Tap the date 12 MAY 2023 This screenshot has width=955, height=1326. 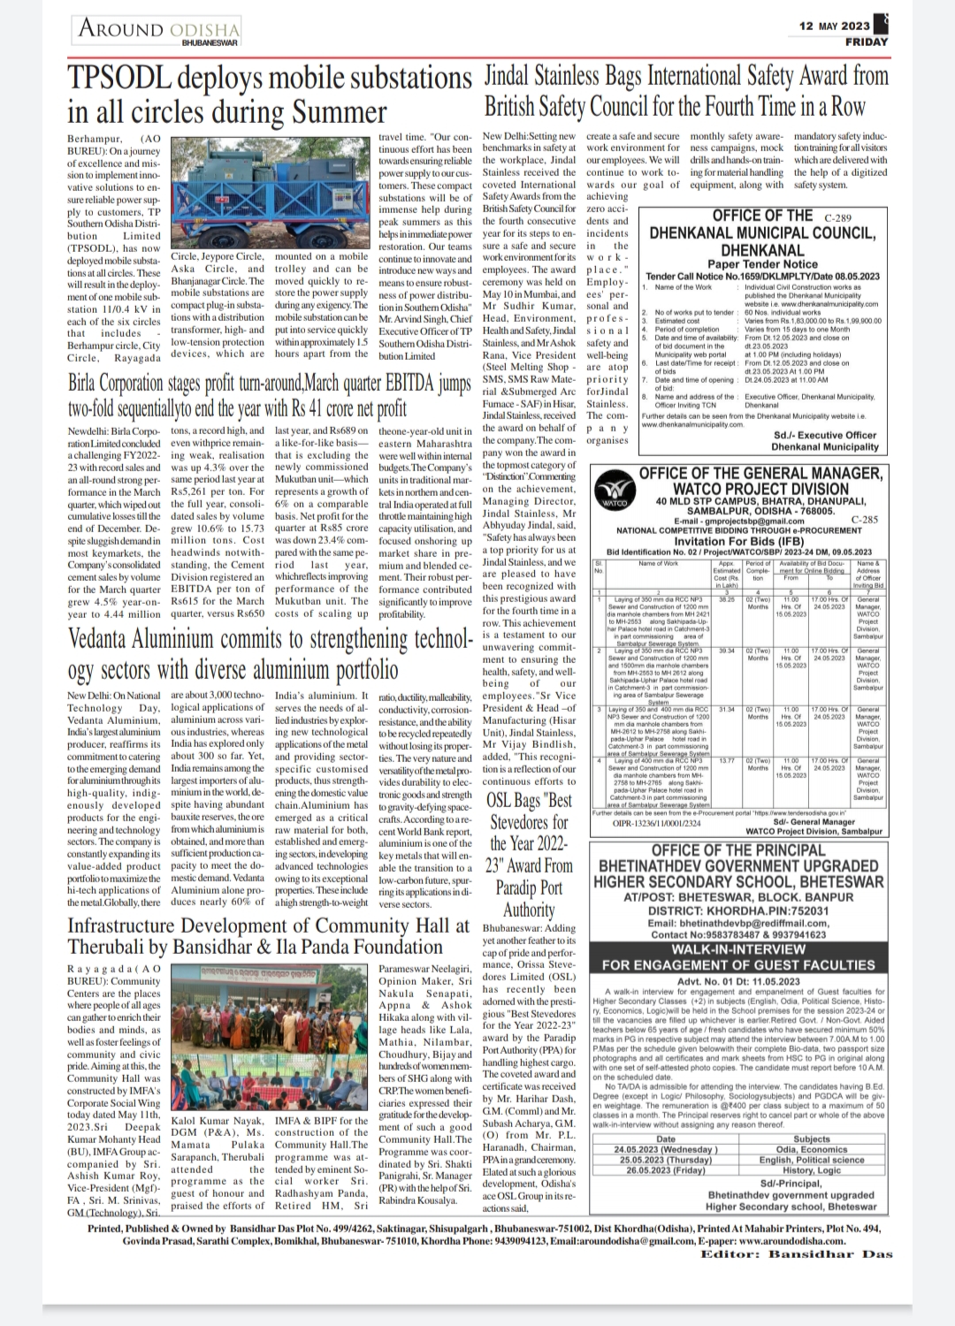click(830, 27)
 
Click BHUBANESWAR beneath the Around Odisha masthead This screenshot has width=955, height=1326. click(210, 42)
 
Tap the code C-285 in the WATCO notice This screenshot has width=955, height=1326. click(864, 521)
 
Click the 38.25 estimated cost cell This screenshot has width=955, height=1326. click(727, 598)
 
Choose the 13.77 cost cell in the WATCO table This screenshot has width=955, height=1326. click(727, 760)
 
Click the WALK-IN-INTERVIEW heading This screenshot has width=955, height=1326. click(738, 949)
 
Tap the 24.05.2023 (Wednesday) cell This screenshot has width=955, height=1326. click(666, 1149)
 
